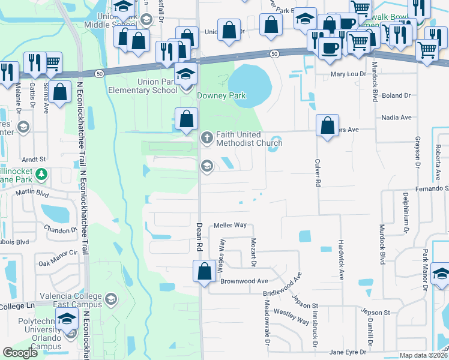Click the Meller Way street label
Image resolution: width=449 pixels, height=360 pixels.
point(231,225)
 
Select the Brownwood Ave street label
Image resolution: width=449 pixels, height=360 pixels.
point(244,281)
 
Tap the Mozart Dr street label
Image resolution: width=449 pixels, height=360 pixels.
point(253,251)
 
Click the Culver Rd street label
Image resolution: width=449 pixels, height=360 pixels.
point(316,172)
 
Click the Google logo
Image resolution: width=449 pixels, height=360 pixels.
point(20,353)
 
